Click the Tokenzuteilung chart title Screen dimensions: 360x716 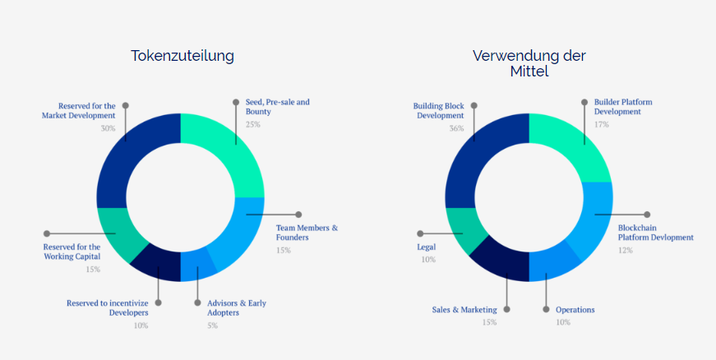[182, 56]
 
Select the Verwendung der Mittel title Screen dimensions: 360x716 [529, 63]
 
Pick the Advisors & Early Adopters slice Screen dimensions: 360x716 [197, 264]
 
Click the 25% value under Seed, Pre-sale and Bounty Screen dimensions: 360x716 [252, 124]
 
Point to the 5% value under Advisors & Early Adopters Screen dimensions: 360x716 [211, 325]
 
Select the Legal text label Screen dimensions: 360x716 [426, 247]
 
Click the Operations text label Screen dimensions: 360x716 [575, 310]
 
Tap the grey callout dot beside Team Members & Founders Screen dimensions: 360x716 [298, 215]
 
